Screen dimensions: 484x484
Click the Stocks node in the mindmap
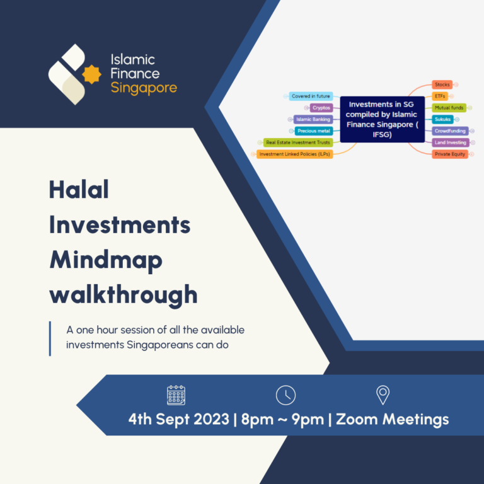tap(442, 84)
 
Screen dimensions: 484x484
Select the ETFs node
tap(441, 96)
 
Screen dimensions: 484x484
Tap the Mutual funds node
tap(449, 108)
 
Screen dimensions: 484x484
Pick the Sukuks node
tap(442, 119)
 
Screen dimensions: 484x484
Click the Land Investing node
tap(450, 142)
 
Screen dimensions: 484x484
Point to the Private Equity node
tap(450, 154)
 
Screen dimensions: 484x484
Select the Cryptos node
tap(321, 108)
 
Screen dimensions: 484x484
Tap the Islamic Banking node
tap(313, 119)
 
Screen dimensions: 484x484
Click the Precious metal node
tap(313, 131)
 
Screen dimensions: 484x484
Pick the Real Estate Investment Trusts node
tap(297, 142)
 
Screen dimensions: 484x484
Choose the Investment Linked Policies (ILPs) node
tap(295, 154)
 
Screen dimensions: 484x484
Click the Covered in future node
tap(311, 96)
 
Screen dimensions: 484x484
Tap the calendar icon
tap(176, 395)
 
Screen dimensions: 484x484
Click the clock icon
tap(285, 395)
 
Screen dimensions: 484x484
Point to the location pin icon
tap(383, 395)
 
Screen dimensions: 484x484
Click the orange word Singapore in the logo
tap(144, 88)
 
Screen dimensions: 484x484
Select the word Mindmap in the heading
tap(105, 259)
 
